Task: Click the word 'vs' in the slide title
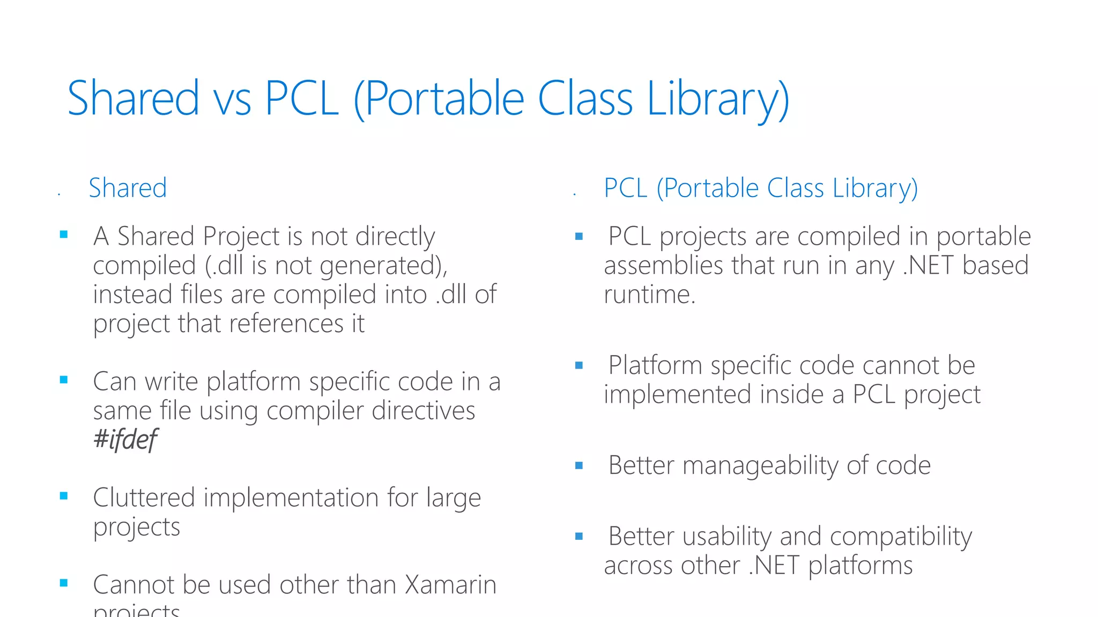click(x=232, y=100)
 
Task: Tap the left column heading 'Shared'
click(x=128, y=189)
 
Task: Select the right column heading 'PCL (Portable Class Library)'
click(x=760, y=189)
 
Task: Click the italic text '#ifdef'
click(x=125, y=440)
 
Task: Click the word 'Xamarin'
click(x=450, y=584)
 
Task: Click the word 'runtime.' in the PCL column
click(x=649, y=295)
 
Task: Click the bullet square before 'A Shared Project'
click(x=64, y=234)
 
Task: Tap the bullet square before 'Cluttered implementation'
click(x=64, y=496)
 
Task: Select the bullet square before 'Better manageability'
click(x=578, y=465)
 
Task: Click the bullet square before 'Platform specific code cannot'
click(x=578, y=366)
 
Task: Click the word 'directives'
click(x=424, y=411)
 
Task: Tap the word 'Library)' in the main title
click(x=718, y=100)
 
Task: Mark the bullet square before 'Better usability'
click(x=578, y=536)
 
